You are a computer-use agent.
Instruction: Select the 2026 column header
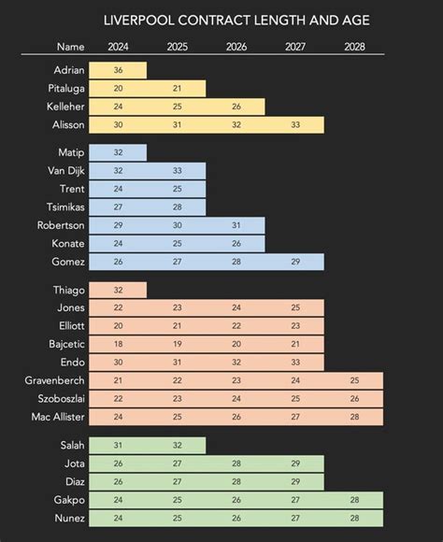tap(236, 46)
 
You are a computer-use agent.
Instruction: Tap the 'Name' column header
tap(70, 46)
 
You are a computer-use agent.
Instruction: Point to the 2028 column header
tap(354, 46)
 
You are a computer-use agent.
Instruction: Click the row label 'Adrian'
tap(69, 70)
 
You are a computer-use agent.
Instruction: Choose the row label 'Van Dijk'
tap(66, 170)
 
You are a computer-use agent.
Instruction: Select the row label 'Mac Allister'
tap(60, 417)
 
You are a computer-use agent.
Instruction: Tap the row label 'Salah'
tap(71, 445)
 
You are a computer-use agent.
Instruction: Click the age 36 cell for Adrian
tap(118, 70)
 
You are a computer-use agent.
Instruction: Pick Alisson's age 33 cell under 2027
tap(295, 125)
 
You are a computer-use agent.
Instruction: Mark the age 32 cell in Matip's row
tap(118, 152)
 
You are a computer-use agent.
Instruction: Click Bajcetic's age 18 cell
tap(118, 344)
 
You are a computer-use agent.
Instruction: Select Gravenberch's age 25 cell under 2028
tap(354, 380)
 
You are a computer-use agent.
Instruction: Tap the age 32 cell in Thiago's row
tap(118, 290)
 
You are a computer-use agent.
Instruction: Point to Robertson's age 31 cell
tap(236, 225)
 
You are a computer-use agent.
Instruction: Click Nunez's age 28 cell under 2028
tap(354, 517)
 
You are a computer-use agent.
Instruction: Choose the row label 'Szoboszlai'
tap(59, 398)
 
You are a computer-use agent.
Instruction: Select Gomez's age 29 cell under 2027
tap(295, 262)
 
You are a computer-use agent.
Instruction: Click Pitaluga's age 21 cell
tap(177, 89)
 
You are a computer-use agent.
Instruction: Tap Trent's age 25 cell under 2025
tap(177, 189)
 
